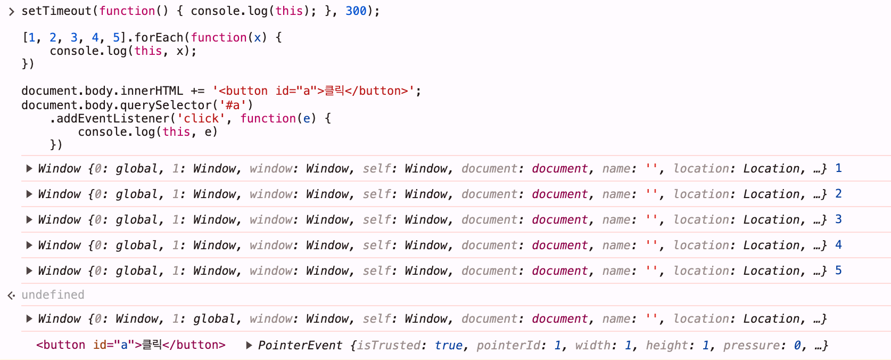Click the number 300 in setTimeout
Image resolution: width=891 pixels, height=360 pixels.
click(x=356, y=11)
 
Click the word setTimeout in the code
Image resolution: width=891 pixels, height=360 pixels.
click(x=56, y=11)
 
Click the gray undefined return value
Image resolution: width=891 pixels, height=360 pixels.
click(x=53, y=294)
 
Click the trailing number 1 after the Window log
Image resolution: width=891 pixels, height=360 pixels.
click(x=838, y=168)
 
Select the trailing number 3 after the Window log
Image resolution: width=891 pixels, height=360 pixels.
click(x=838, y=219)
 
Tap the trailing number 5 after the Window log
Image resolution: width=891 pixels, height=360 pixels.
click(x=838, y=271)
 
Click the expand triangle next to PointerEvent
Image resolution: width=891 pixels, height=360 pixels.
click(x=249, y=345)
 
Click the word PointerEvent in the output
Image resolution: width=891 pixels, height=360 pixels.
click(x=300, y=345)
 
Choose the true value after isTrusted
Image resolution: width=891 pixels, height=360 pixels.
click(x=448, y=345)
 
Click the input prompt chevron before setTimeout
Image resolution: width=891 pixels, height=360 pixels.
click(x=11, y=12)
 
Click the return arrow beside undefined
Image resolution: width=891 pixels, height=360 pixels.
click(x=11, y=295)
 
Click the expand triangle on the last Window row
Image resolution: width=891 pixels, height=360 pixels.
click(x=29, y=318)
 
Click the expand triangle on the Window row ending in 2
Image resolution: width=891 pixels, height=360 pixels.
click(x=29, y=194)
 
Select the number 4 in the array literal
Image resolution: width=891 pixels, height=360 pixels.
click(x=95, y=37)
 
